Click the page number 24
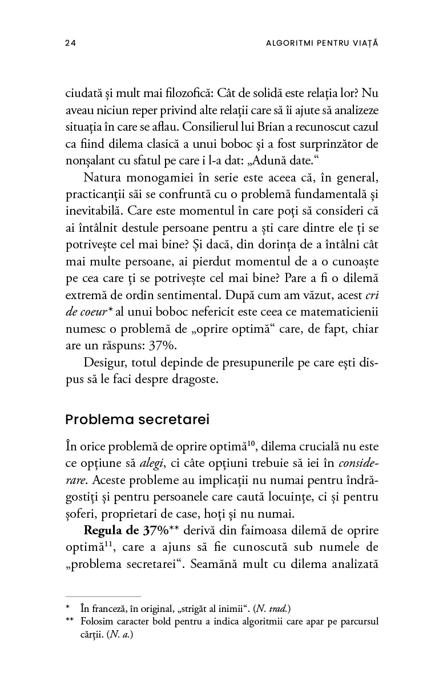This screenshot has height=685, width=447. point(71,43)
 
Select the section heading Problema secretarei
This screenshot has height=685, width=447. point(138,420)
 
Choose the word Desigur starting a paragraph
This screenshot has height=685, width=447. point(104,362)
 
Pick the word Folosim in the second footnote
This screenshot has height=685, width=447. point(96,621)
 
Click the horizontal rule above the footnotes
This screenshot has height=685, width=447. point(103,596)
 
